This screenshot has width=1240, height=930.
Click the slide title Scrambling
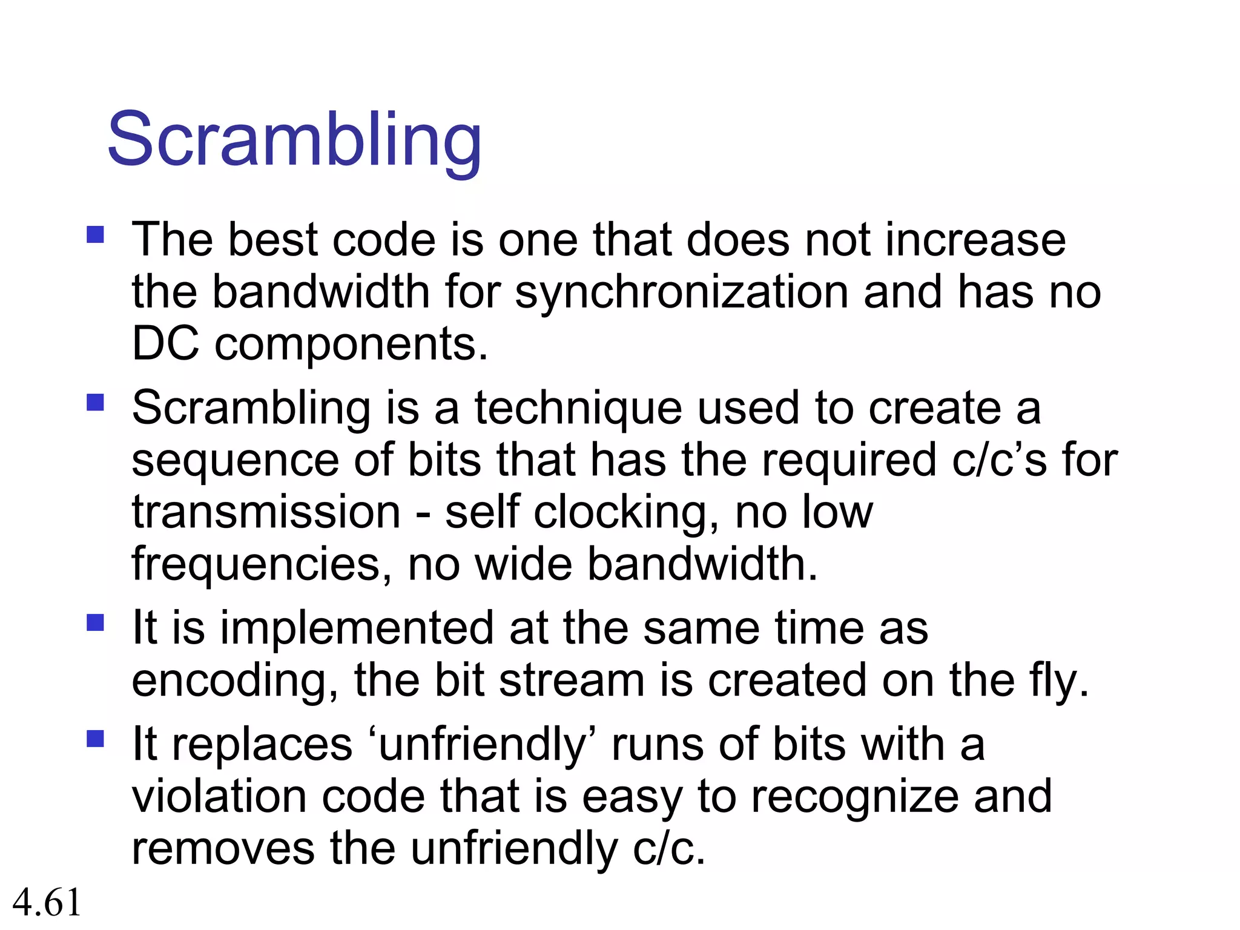tap(294, 140)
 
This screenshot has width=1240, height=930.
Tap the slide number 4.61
tap(47, 902)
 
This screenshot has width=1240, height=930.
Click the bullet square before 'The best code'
tap(96, 235)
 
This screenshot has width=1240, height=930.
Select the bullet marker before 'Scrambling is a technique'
tap(96, 403)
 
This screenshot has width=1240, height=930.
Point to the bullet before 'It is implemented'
tap(96, 623)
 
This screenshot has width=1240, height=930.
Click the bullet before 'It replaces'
tap(96, 739)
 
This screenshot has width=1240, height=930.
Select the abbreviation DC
tap(165, 344)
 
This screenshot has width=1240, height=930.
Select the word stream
tap(572, 681)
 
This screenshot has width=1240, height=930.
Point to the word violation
tap(219, 797)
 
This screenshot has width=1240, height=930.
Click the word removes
tap(223, 849)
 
